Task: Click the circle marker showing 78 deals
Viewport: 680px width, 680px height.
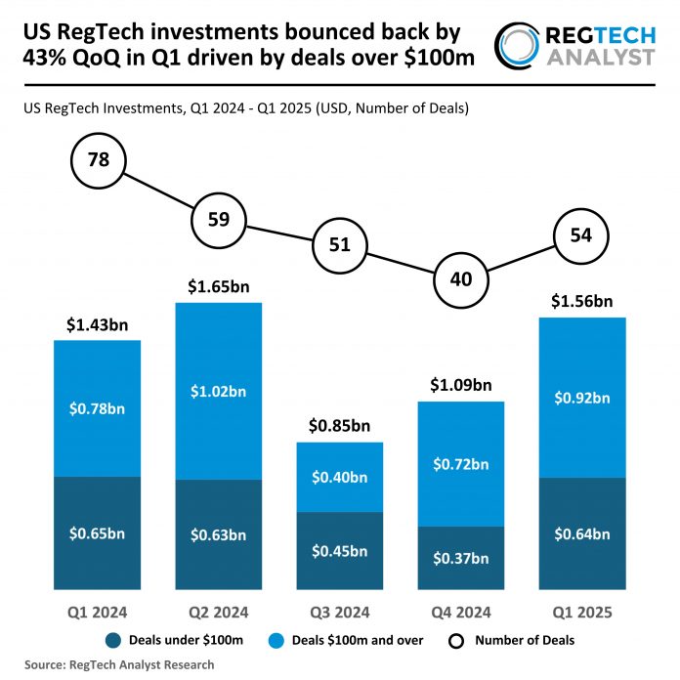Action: (x=98, y=160)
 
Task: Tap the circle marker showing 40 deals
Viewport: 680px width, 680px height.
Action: (x=461, y=278)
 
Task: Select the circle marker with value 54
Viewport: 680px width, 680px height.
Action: (x=580, y=235)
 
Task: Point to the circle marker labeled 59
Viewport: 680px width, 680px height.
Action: (x=219, y=219)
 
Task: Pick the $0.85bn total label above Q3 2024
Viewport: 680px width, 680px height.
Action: (x=340, y=426)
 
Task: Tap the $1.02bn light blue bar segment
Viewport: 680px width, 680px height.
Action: (x=219, y=391)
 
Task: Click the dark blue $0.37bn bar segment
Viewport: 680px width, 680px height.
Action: (x=461, y=557)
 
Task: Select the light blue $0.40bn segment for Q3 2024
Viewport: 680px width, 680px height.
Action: (x=340, y=477)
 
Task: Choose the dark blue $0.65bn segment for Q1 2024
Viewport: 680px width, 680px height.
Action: (x=98, y=533)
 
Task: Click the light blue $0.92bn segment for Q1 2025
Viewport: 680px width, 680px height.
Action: (x=582, y=398)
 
